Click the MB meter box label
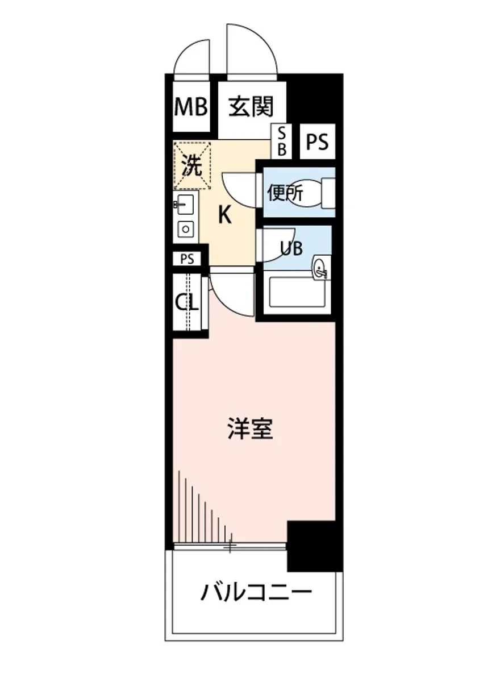191,106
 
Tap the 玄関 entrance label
251,106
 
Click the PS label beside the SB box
318,142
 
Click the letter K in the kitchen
225,216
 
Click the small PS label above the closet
187,259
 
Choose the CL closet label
186,302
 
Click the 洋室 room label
251,429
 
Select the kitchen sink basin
185,203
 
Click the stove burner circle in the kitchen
186,229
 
